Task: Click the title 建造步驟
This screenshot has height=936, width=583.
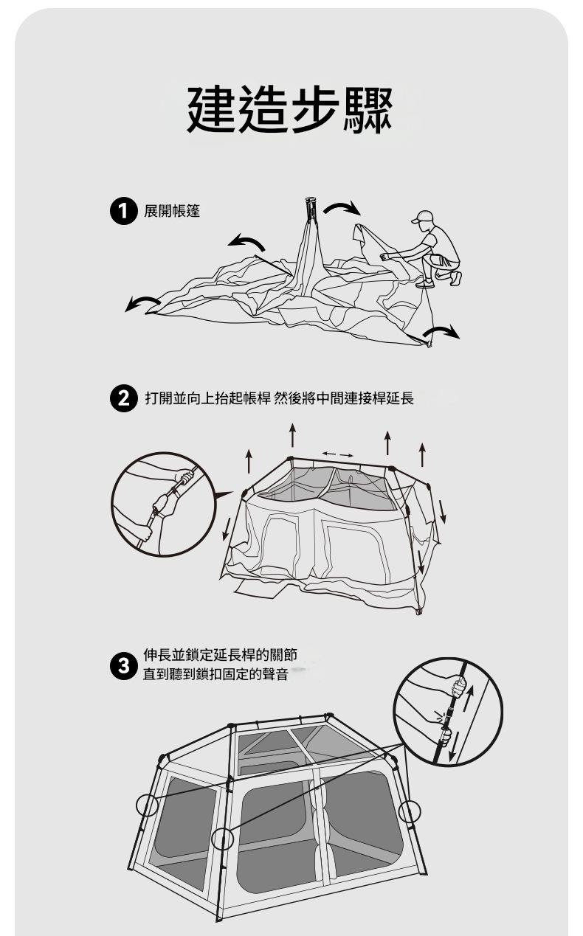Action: click(289, 110)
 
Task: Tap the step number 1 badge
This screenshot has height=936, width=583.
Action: click(123, 212)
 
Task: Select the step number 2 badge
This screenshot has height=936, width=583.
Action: click(123, 398)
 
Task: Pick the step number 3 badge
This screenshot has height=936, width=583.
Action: click(123, 665)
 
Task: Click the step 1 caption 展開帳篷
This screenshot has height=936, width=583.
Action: click(171, 211)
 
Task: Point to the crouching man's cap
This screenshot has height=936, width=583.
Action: click(421, 216)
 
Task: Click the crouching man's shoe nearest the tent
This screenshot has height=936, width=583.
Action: click(425, 284)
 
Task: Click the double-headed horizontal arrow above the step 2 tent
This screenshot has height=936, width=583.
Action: click(338, 454)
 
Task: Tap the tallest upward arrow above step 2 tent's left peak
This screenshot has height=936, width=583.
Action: click(292, 435)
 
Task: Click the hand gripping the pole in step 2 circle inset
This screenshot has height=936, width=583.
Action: click(184, 476)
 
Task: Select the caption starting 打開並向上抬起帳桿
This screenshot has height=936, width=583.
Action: click(280, 398)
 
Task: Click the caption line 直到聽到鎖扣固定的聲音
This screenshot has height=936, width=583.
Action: click(215, 674)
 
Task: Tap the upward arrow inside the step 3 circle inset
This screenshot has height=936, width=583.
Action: click(469, 698)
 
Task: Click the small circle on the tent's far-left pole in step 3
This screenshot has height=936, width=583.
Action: click(147, 805)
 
